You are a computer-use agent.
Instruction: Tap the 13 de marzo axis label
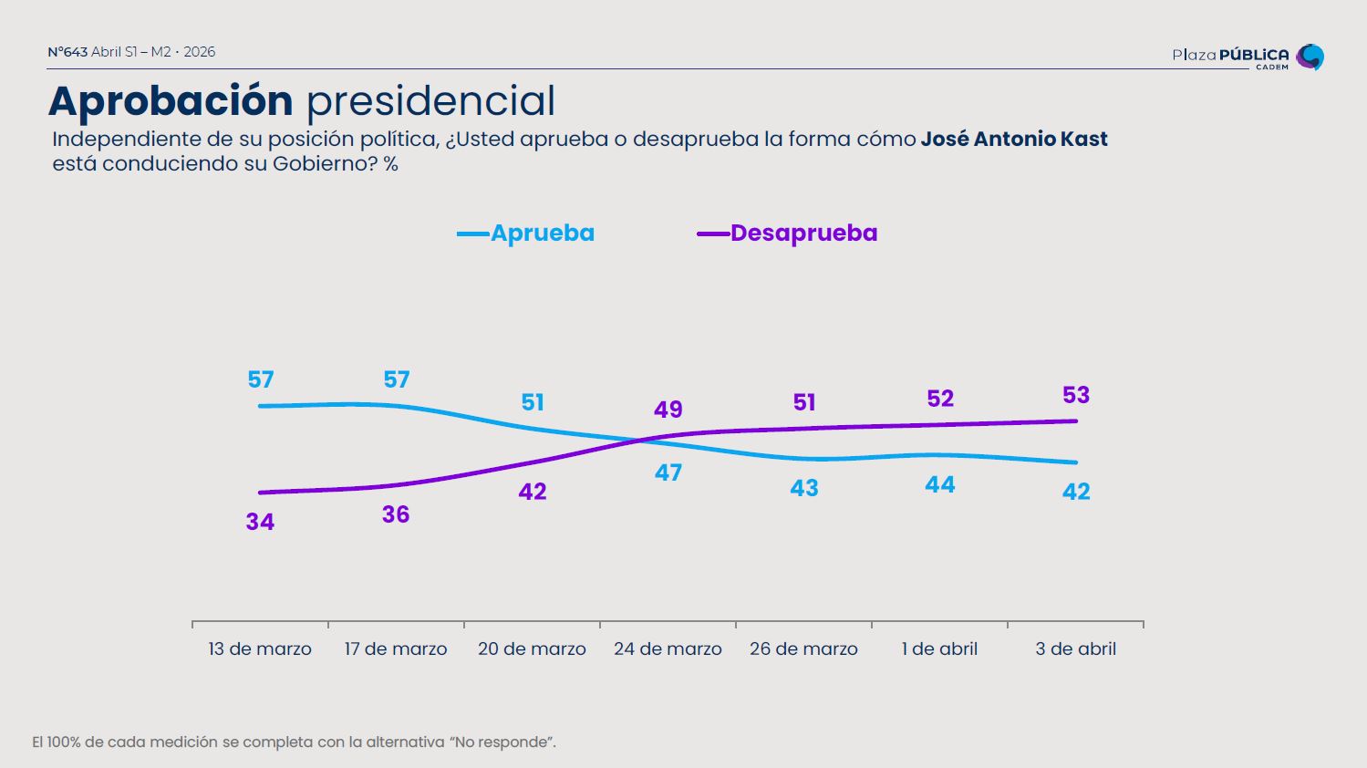[260, 649]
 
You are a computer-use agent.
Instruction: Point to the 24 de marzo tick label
[668, 649]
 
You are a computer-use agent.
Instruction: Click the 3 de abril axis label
[1075, 649]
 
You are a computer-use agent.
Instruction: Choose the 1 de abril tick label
[939, 649]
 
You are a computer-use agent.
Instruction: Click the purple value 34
[260, 523]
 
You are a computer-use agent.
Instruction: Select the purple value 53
[1076, 395]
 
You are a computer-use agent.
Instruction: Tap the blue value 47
[668, 472]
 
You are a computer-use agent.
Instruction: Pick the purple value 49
[668, 410]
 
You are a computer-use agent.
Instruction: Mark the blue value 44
[940, 485]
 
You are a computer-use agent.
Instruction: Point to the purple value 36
[396, 514]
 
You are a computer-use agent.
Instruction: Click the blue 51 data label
[533, 402]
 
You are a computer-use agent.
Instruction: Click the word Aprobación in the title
[171, 100]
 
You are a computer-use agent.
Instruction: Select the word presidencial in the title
[430, 100]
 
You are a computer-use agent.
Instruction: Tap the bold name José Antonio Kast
[1014, 140]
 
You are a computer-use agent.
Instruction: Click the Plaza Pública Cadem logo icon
[1310, 57]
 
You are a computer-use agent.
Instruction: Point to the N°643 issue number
[67, 52]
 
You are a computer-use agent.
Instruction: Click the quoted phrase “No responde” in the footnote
[501, 742]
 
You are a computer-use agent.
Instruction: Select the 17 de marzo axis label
[396, 649]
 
